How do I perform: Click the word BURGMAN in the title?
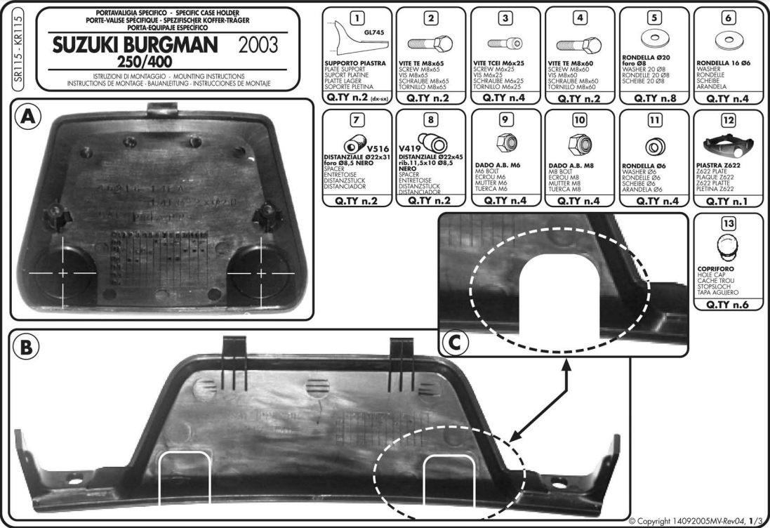(173, 46)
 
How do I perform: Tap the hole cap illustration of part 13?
(727, 249)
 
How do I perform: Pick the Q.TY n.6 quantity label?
(727, 305)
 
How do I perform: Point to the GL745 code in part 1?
(374, 32)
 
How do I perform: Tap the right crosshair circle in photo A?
(262, 271)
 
